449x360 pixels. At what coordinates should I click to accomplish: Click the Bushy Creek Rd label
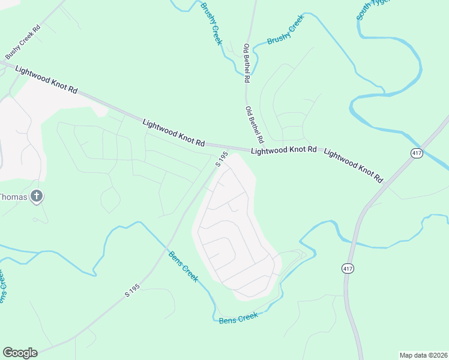23,41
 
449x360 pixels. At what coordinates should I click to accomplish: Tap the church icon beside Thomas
37,196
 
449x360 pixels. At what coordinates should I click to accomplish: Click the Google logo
20,353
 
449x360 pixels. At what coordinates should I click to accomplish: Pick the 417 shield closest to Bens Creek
348,268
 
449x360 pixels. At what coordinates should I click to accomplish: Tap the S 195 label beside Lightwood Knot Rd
221,159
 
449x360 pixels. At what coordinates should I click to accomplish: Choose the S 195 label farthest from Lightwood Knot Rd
132,291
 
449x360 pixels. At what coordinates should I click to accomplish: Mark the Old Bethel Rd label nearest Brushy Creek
247,62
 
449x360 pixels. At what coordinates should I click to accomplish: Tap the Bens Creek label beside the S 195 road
182,266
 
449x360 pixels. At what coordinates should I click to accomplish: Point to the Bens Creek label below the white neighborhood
238,317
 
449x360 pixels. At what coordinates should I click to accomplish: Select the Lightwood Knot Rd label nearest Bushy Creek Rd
46,79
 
